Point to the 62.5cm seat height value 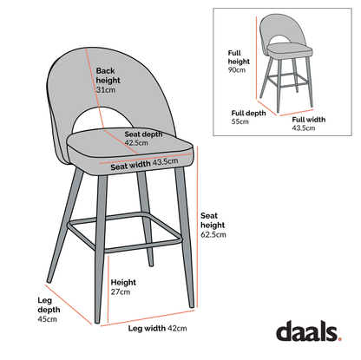[213, 234]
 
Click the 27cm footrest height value [120, 291]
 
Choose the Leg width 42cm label [157, 330]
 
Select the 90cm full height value [237, 70]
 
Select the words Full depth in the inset [247, 113]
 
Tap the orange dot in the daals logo [341, 337]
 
